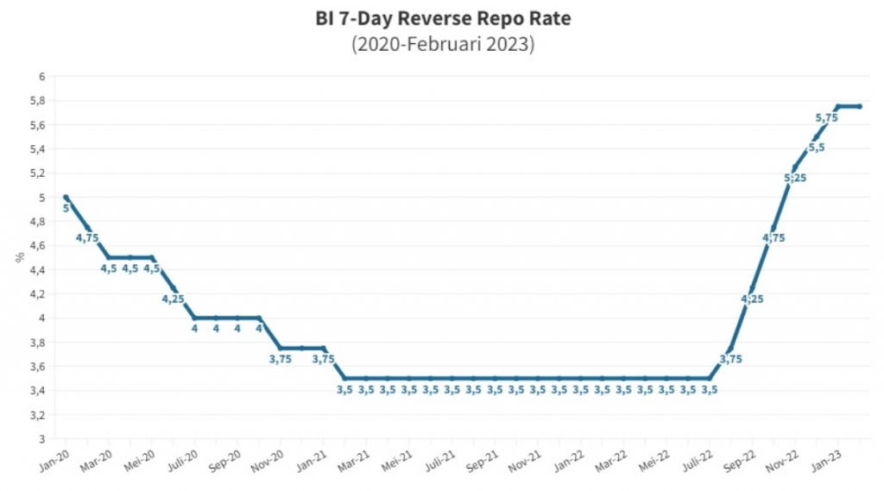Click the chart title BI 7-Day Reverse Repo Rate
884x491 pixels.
(442, 17)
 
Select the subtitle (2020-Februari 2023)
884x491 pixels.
(442, 43)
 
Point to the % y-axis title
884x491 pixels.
(18, 257)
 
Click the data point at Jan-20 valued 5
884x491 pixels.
(66, 198)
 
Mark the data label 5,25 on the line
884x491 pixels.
(795, 178)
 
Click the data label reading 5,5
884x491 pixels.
(817, 148)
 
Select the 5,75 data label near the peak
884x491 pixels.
(826, 117)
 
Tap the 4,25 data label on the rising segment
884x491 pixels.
(753, 299)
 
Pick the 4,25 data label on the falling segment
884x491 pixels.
(173, 299)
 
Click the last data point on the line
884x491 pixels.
(860, 106)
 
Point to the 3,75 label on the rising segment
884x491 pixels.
(731, 359)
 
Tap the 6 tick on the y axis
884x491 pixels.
(40, 77)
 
